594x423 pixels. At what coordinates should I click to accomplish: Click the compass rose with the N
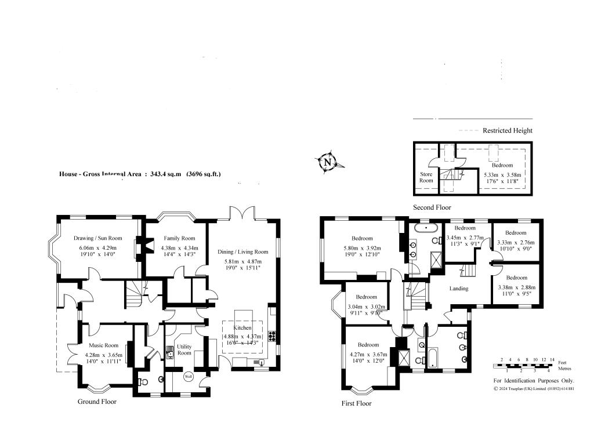point(329,162)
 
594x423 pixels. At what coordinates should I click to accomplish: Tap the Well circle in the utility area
point(188,377)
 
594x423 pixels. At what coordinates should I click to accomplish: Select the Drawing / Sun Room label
point(98,238)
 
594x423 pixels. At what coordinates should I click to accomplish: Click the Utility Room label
point(184,349)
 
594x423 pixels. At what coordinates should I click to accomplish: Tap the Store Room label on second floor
point(426,177)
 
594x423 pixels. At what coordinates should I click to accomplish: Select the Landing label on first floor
point(459,289)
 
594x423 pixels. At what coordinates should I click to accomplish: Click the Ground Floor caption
point(97,402)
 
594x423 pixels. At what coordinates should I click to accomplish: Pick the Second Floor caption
point(432,207)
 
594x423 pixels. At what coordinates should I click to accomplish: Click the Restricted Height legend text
point(507,130)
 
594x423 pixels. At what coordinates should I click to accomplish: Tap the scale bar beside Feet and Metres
point(520,365)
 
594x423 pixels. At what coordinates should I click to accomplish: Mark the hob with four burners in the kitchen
point(272,336)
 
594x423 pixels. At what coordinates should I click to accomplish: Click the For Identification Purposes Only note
point(534,381)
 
